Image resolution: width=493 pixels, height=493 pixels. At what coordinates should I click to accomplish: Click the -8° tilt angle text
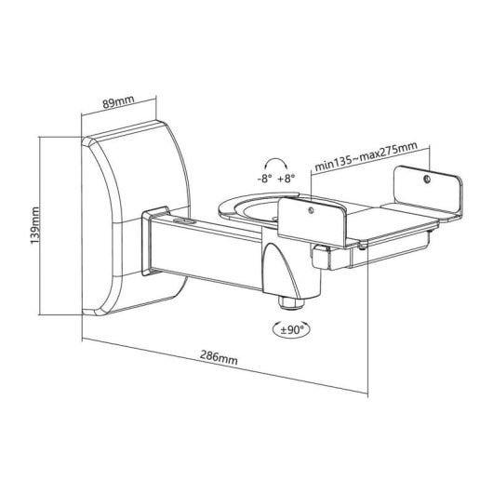point(264,178)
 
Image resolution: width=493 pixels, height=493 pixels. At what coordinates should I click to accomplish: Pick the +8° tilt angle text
point(286,178)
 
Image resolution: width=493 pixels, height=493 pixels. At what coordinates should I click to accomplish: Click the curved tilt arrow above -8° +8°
point(274,161)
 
